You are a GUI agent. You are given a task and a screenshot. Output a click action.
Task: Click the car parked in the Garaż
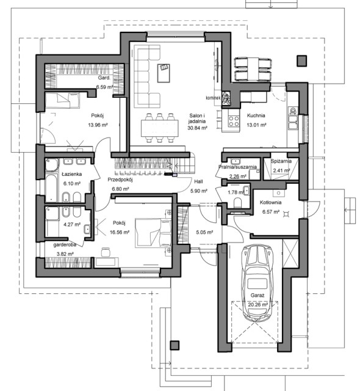(257, 282)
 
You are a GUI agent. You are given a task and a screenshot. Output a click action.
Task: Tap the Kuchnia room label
(256, 115)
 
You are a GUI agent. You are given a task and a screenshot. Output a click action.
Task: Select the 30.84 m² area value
(198, 128)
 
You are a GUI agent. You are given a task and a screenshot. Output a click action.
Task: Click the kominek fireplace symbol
(226, 98)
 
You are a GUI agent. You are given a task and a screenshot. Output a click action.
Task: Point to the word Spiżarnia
(281, 161)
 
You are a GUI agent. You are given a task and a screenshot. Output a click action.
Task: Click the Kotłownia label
(271, 202)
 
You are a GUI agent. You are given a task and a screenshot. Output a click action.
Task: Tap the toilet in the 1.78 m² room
(238, 203)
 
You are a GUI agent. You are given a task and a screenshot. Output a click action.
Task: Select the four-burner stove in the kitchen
(234, 121)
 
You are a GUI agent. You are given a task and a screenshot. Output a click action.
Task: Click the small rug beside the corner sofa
(164, 73)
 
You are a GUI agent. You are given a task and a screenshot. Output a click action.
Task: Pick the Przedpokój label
(120, 180)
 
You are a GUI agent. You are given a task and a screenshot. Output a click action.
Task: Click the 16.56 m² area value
(120, 232)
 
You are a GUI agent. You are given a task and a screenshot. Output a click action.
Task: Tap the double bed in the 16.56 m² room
(153, 233)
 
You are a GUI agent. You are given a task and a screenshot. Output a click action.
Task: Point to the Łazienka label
(72, 174)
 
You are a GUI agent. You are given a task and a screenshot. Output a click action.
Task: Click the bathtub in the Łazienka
(51, 188)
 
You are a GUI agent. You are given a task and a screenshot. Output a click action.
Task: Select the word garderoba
(65, 245)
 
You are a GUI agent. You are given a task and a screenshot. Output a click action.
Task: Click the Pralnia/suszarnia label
(237, 167)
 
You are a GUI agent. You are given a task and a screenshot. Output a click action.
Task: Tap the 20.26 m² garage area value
(257, 304)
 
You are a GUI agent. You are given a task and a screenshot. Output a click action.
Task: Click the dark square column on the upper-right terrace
(301, 60)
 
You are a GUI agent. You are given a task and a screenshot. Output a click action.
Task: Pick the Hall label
(198, 181)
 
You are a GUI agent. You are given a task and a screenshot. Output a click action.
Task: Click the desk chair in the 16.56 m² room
(106, 252)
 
